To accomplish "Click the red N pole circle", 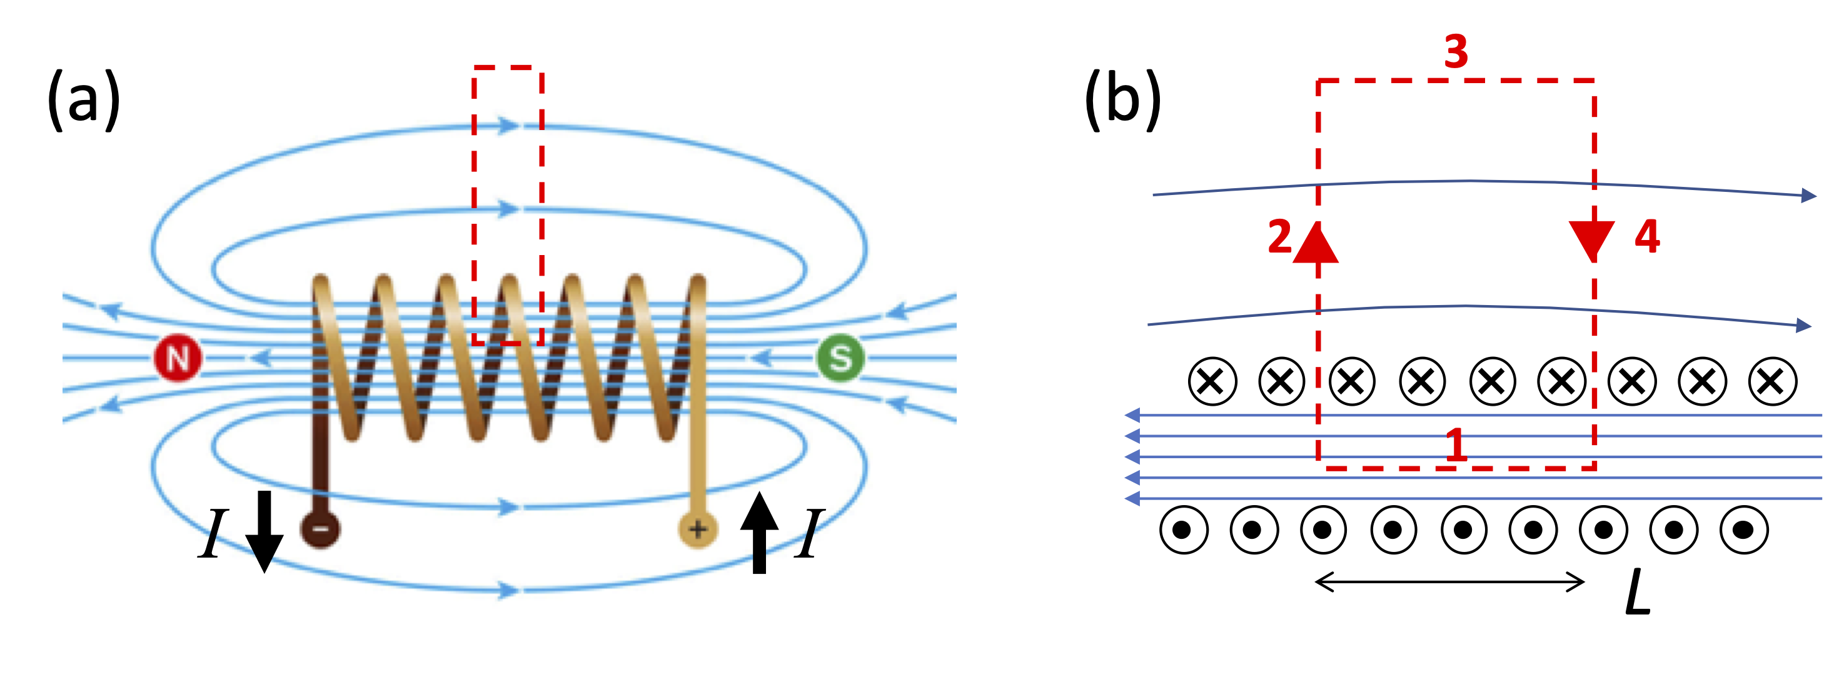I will pyautogui.click(x=178, y=358).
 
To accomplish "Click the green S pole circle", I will pyautogui.click(x=840, y=358).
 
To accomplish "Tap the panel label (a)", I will pyautogui.click(x=83, y=99).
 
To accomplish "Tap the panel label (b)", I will pyautogui.click(x=1123, y=99).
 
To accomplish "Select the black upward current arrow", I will pyautogui.click(x=759, y=533).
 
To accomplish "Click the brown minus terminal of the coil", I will pyautogui.click(x=320, y=529).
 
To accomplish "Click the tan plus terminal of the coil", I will pyautogui.click(x=698, y=529).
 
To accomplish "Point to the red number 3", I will pyautogui.click(x=1456, y=52).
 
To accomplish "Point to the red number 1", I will pyautogui.click(x=1456, y=446).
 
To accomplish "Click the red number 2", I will pyautogui.click(x=1279, y=237).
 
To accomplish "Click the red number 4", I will pyautogui.click(x=1647, y=237).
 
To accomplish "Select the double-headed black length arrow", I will pyautogui.click(x=1449, y=583).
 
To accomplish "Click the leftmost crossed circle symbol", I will pyautogui.click(x=1212, y=381).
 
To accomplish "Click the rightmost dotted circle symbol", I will pyautogui.click(x=1743, y=529).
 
